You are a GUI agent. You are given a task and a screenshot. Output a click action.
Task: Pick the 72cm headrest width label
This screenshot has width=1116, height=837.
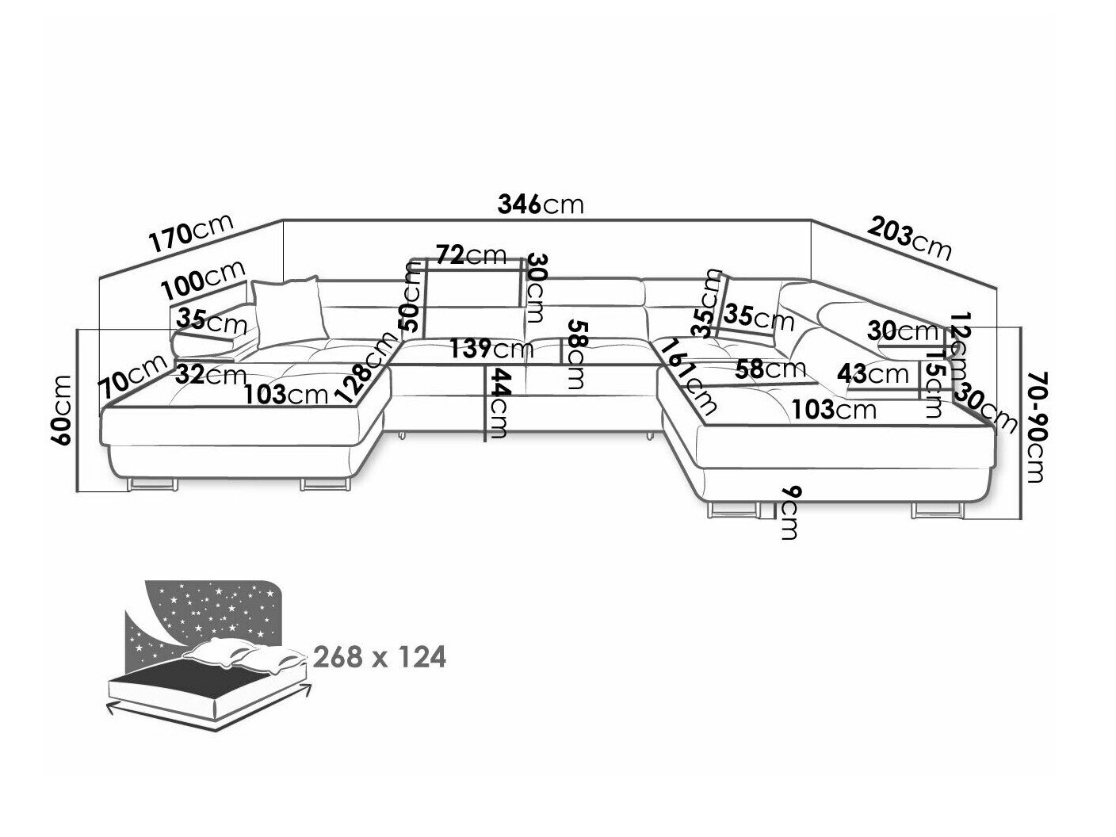470,254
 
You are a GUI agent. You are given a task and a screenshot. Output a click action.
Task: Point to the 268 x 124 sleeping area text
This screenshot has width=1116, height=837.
380,657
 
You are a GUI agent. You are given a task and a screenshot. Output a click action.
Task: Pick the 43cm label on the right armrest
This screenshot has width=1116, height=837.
874,373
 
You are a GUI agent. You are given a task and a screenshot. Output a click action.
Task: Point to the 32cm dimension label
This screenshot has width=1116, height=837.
210,375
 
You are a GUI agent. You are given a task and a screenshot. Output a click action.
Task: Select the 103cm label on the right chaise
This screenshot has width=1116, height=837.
834,409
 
